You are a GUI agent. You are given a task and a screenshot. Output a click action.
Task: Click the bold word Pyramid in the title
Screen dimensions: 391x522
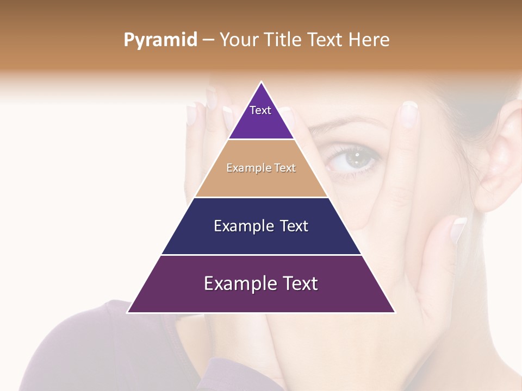[x=160, y=40]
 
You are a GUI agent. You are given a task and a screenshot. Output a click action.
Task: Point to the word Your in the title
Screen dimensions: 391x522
[x=239, y=40]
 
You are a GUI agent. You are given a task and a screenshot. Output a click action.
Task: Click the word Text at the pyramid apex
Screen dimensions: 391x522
[x=260, y=110]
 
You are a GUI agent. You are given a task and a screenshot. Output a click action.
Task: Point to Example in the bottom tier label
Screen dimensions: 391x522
[x=240, y=283]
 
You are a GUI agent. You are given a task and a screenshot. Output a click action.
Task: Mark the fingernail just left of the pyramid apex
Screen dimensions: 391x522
[x=228, y=116]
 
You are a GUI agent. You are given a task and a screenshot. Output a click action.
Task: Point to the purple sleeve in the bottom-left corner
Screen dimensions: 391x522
[x=82, y=353]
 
